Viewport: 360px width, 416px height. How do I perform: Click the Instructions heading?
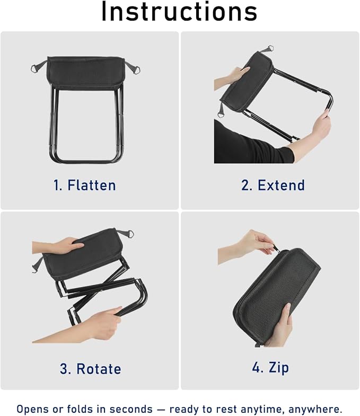click(179, 12)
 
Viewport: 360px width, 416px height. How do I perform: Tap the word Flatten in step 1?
click(92, 185)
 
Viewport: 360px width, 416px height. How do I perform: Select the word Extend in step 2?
click(281, 185)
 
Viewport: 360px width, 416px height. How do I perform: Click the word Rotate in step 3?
click(99, 369)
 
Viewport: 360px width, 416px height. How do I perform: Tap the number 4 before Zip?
click(257, 367)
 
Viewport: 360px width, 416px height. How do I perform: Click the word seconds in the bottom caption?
click(131, 409)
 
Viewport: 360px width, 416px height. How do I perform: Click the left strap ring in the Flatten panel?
click(35, 68)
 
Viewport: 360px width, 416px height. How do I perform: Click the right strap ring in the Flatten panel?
click(136, 70)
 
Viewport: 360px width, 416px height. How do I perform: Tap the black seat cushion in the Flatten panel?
click(85, 72)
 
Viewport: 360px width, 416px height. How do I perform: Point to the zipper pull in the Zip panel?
click(276, 249)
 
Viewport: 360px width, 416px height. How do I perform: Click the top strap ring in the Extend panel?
click(269, 49)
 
